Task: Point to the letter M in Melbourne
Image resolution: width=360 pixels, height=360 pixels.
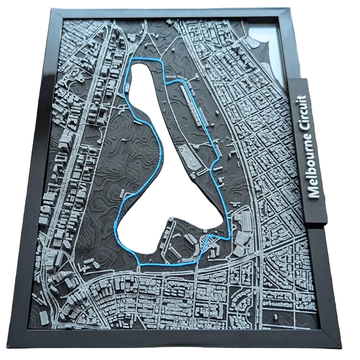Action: pos(314,191)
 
